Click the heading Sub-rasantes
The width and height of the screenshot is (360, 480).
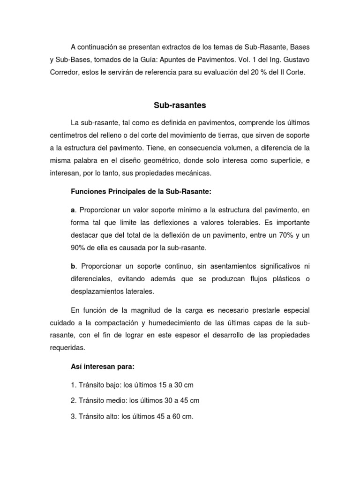coord(180,105)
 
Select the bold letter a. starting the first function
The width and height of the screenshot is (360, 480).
coord(73,210)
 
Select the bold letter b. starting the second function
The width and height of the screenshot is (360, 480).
coord(73,267)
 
